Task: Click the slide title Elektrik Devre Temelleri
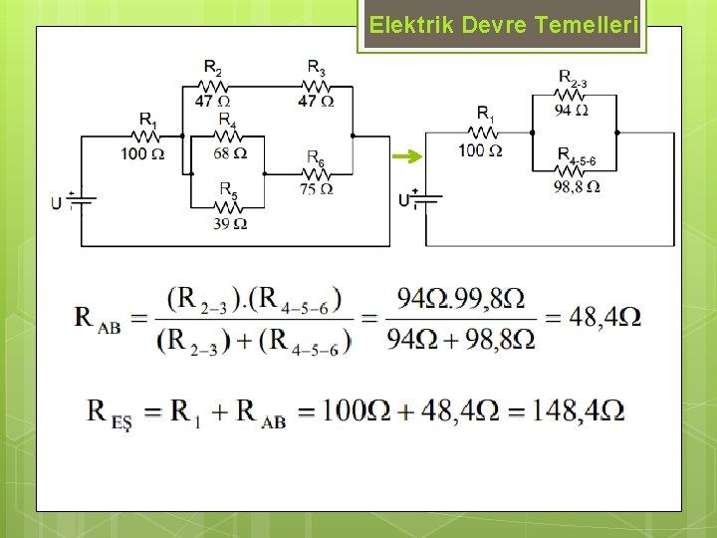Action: click(502, 26)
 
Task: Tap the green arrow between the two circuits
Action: click(406, 156)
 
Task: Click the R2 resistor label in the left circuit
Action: click(213, 68)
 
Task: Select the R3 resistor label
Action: click(316, 68)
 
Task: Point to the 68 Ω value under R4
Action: click(230, 153)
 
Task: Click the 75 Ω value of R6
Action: click(316, 188)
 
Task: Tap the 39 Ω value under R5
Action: click(230, 223)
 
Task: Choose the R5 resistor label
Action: click(228, 188)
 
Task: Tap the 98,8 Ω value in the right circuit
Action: click(577, 186)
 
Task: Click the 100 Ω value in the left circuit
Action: click(142, 153)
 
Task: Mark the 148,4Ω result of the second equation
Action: click(578, 410)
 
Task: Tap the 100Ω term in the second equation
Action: click(354, 410)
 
